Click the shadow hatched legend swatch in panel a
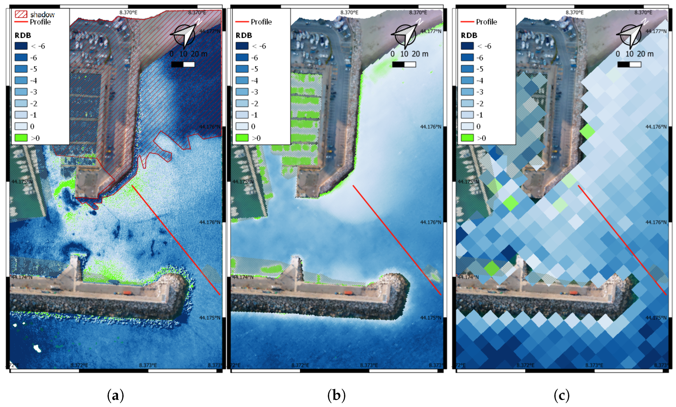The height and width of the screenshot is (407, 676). point(21,14)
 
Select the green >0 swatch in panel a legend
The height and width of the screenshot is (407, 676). point(21,138)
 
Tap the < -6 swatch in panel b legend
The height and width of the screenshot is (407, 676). point(242,46)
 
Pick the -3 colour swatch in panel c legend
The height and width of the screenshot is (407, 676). point(467,92)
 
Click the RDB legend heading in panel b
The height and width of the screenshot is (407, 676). point(244,35)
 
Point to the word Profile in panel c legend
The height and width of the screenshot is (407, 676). point(486,22)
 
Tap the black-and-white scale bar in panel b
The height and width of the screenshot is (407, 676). point(404,64)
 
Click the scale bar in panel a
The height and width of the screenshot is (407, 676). point(183,64)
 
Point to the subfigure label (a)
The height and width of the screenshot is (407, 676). point(115,395)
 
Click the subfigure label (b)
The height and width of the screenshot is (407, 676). point(336,395)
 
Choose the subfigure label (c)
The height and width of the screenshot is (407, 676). point(561,395)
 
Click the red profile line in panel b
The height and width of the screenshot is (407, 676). point(397,240)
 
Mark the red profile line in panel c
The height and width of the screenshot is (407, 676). point(622,240)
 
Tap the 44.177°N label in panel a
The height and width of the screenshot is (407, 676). point(210,31)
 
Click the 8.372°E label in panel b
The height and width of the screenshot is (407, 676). point(300,365)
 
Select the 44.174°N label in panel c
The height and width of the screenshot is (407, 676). point(468,277)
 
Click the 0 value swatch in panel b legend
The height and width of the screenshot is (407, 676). point(242,126)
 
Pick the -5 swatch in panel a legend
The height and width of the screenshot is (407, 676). point(21,69)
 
